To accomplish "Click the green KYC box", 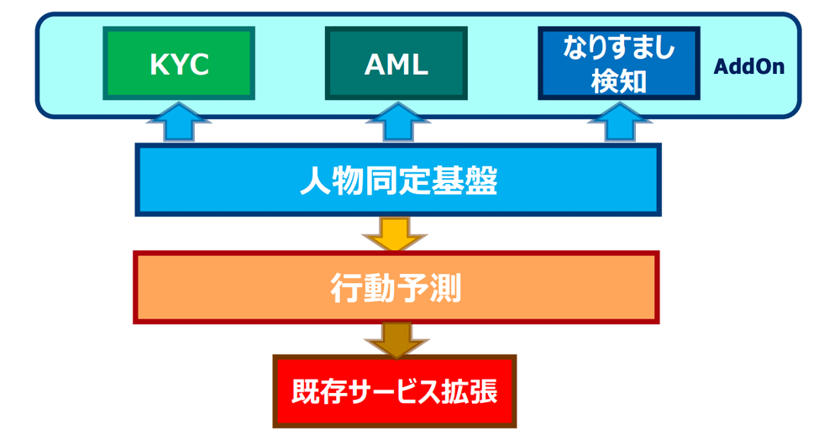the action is [179, 64].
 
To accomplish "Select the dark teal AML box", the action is [396, 64].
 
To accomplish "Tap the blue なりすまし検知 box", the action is [619, 64].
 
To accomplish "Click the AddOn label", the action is [749, 66].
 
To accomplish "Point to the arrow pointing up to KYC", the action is [179, 122].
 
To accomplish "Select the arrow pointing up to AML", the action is [397, 122].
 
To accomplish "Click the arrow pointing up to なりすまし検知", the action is [619, 122].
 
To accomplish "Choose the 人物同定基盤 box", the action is [398, 180].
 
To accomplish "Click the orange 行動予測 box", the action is [396, 287].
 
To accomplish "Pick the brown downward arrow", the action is [396, 340].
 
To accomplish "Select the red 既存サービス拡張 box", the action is [395, 391].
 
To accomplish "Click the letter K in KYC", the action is [160, 65].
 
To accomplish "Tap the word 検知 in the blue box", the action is [618, 82].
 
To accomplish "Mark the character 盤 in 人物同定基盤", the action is [482, 181].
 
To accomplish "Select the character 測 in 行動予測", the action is [446, 288].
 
